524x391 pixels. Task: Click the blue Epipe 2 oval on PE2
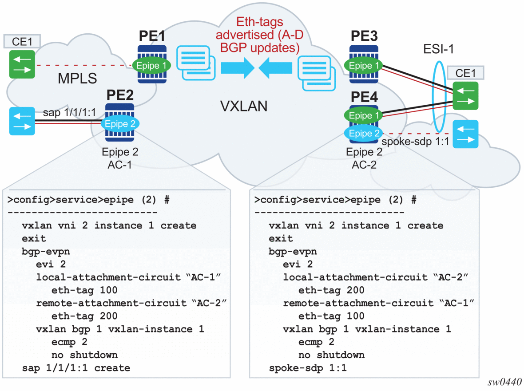click(x=120, y=124)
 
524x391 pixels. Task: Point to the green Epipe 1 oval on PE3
click(x=364, y=66)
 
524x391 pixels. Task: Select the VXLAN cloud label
click(x=244, y=106)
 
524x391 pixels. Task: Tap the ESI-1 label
click(x=439, y=49)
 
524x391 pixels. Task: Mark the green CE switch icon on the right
click(x=466, y=95)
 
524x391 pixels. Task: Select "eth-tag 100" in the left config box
click(x=84, y=291)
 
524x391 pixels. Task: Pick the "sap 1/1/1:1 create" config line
click(x=76, y=368)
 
